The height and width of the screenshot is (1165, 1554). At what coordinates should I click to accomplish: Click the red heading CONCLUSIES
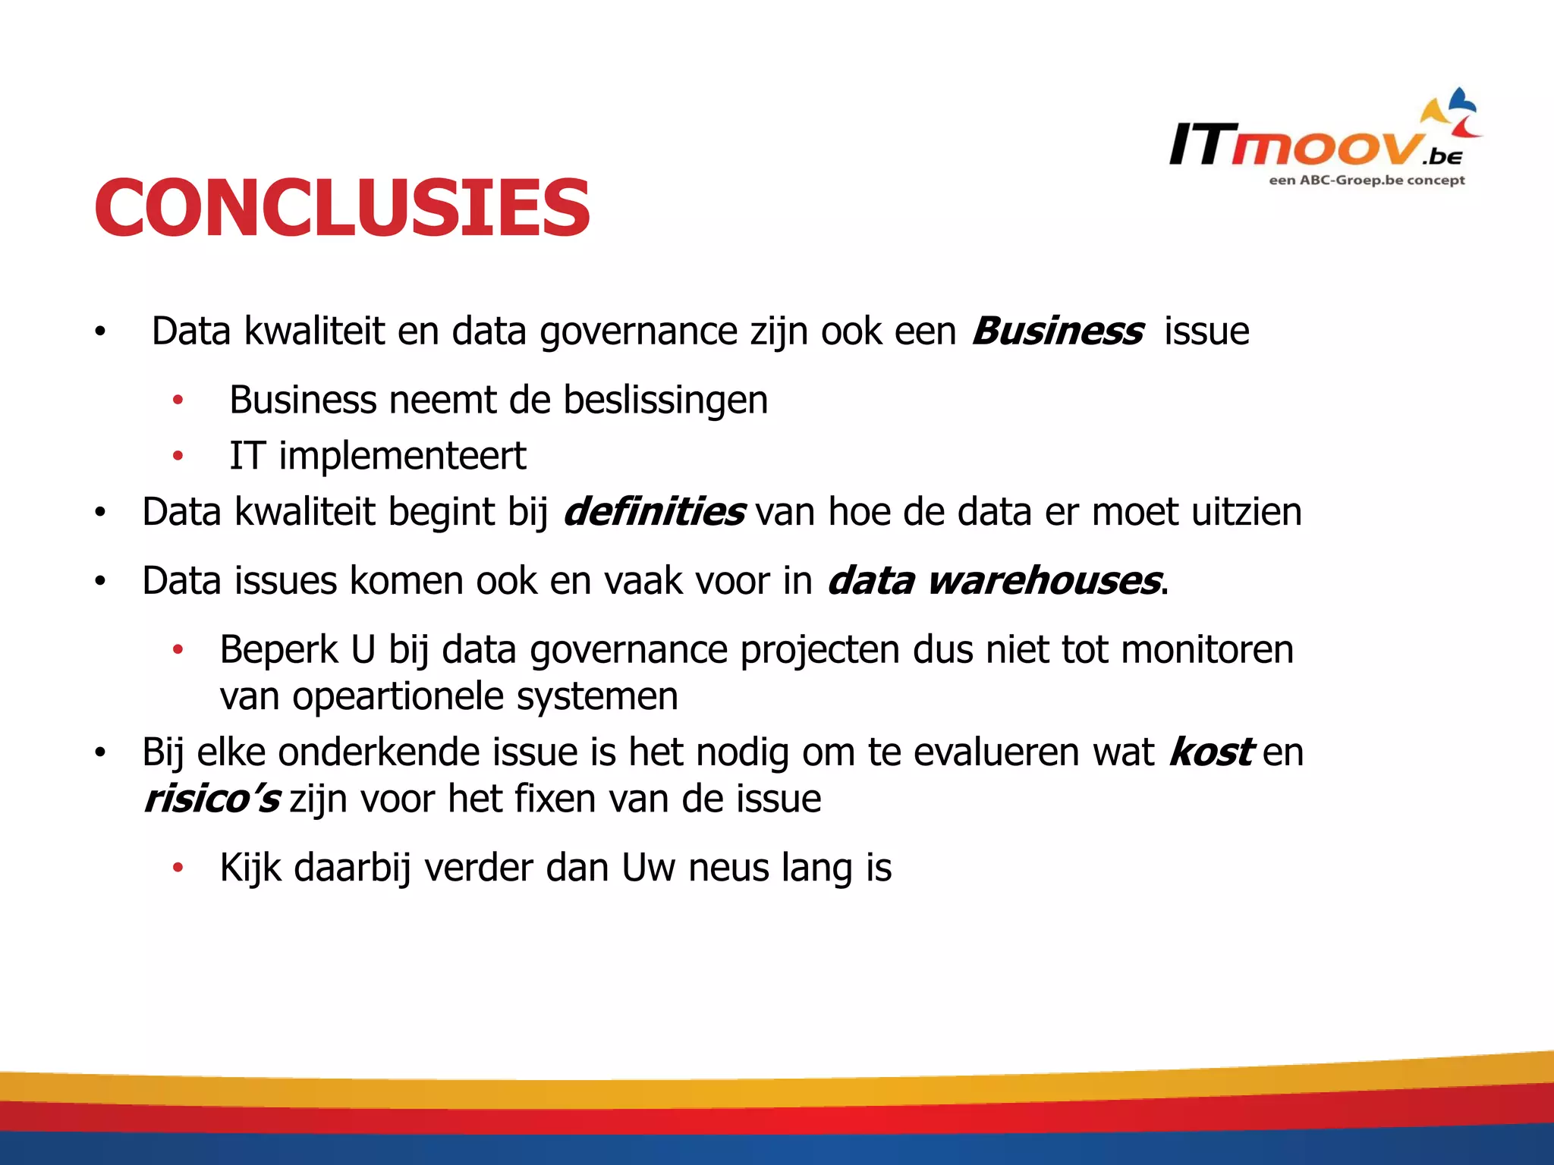(341, 206)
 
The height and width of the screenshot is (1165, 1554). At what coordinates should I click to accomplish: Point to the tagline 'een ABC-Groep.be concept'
(1367, 181)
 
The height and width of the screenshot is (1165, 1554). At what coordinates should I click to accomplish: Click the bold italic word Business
(1056, 331)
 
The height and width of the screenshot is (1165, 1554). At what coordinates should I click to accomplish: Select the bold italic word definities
(653, 512)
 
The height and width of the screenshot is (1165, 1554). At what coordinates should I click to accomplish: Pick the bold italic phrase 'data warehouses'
(993, 582)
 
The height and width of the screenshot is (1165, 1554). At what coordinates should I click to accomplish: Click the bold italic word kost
(1210, 752)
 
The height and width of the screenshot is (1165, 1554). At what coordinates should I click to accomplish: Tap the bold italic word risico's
(212, 799)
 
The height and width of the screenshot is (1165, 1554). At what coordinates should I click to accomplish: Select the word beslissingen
(665, 400)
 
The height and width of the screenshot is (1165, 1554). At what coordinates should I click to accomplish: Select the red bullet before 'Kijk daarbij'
(178, 868)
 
